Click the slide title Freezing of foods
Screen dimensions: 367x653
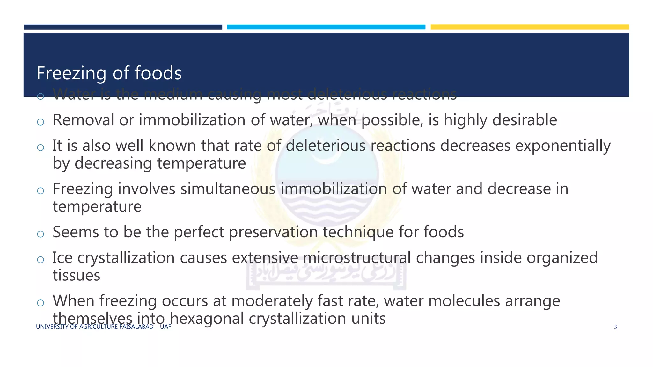pos(109,73)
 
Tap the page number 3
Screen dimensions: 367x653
pos(615,327)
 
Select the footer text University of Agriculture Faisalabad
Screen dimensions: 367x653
pos(103,327)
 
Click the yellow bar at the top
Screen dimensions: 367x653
pos(530,27)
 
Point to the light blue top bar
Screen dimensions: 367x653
pos(326,27)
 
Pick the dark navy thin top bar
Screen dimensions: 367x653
pos(123,27)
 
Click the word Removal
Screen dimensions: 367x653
pos(83,120)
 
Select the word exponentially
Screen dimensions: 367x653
pos(563,146)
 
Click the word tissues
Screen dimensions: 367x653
pos(76,275)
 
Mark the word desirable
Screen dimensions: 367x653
pos(525,120)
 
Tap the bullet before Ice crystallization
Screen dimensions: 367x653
pos(40,260)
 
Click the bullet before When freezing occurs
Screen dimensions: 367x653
pos(40,303)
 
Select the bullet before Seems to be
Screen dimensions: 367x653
pos(40,234)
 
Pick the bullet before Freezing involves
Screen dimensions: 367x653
pos(40,191)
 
